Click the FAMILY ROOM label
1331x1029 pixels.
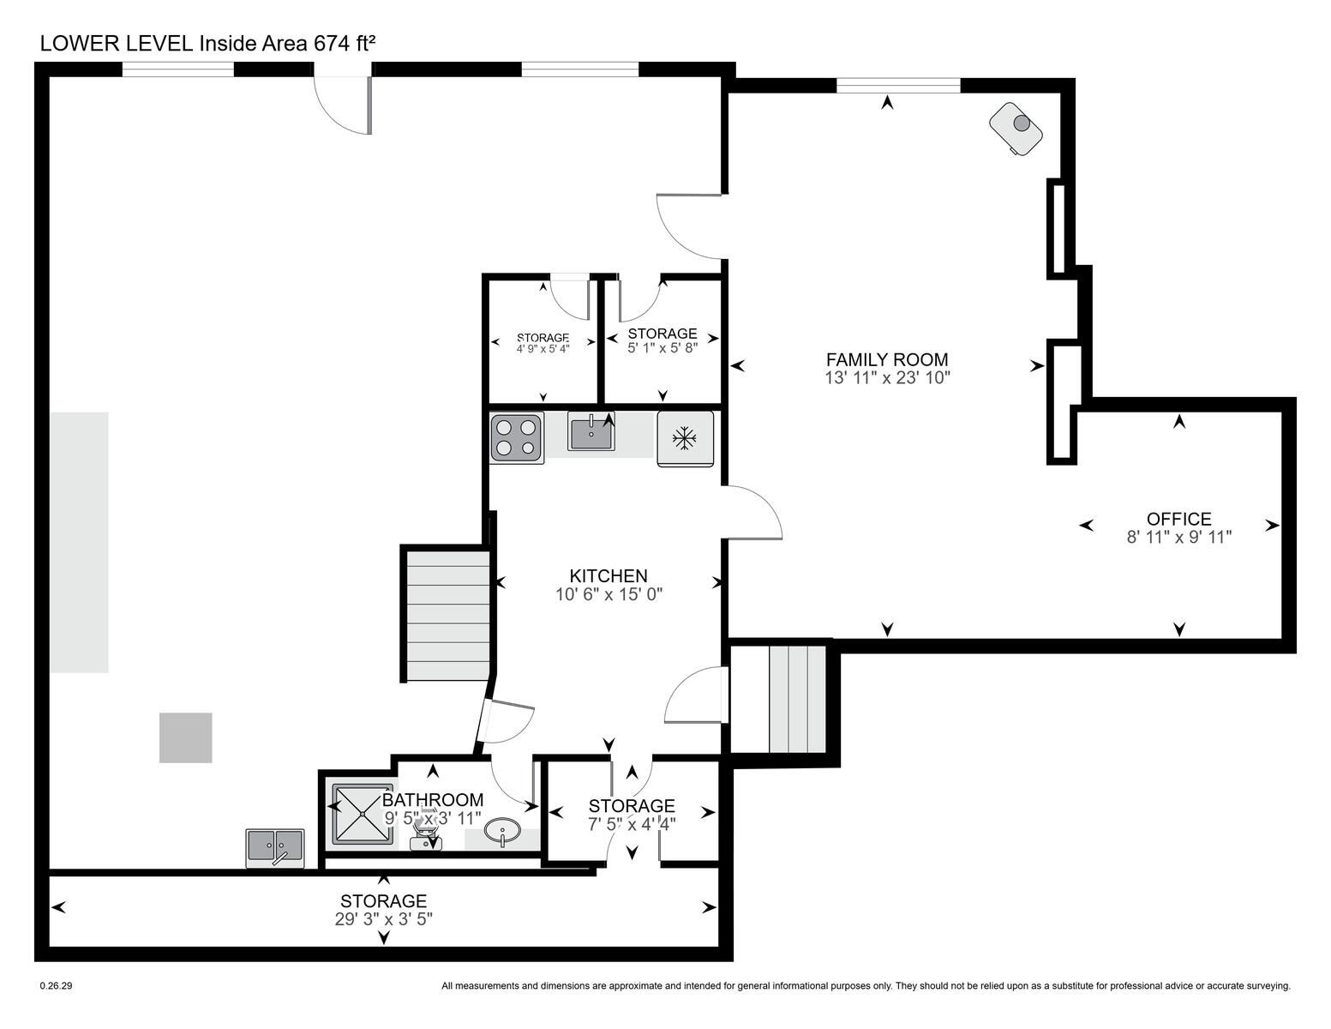[x=886, y=360]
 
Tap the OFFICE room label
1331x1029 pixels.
[x=1178, y=519]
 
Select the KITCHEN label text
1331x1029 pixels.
[x=609, y=576]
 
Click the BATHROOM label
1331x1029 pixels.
[x=433, y=800]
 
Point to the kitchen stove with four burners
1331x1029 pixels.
[x=517, y=437]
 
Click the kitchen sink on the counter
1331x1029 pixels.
[x=591, y=431]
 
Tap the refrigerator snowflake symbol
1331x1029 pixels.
[x=685, y=438]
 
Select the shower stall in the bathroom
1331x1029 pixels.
[x=363, y=814]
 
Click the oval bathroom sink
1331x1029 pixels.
[x=502, y=833]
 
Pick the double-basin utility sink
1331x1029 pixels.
[x=275, y=848]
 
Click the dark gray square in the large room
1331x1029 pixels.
[x=186, y=737]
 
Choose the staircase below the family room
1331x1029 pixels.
[x=798, y=699]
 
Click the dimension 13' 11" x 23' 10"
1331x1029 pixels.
[x=887, y=378]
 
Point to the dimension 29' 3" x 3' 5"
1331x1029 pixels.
[x=383, y=919]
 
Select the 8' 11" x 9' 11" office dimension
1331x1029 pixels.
[x=1179, y=538]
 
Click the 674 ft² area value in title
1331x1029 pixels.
[x=345, y=43]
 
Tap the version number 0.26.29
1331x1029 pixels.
[x=56, y=986]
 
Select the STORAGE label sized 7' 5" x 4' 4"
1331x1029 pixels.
[x=632, y=805]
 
